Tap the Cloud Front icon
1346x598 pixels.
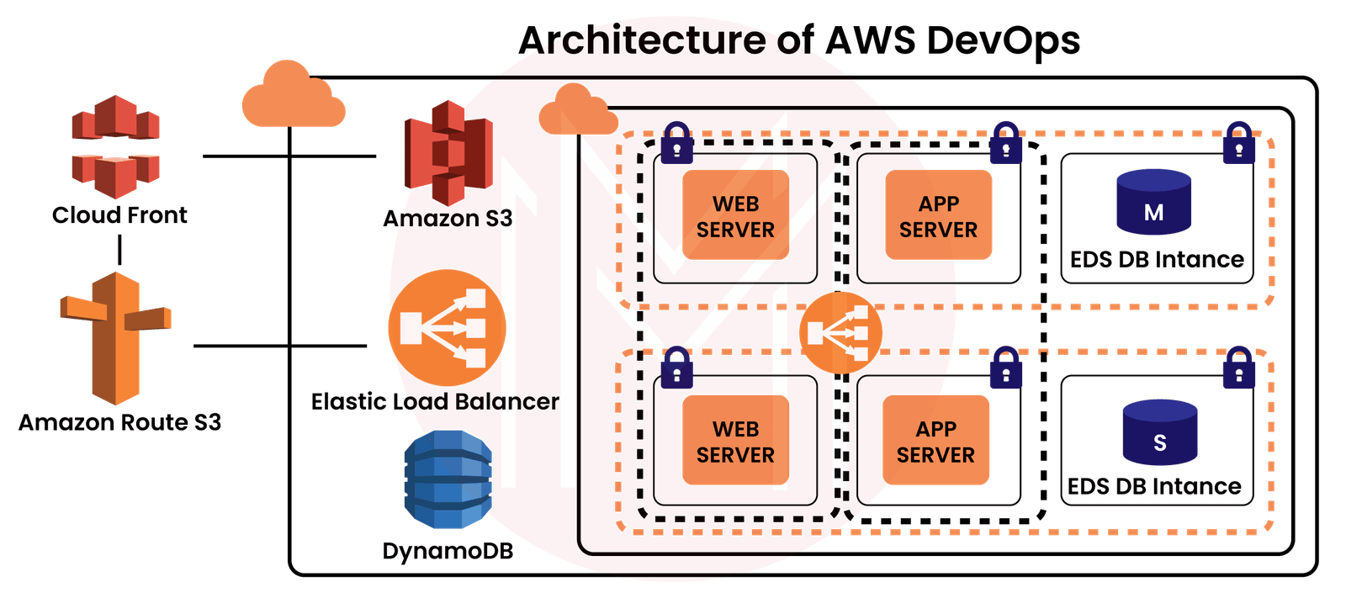point(115,146)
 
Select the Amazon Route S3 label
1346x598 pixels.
point(119,421)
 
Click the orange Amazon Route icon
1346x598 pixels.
point(115,336)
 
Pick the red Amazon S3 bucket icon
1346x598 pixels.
point(448,152)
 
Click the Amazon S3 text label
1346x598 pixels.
point(448,219)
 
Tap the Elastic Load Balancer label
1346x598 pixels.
point(435,401)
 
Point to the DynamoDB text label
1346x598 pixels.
point(448,551)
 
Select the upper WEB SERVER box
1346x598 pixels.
point(735,216)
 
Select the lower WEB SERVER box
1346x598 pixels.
point(735,442)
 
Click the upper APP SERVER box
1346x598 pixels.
point(938,216)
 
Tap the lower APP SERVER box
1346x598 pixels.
point(935,442)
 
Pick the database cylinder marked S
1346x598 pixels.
point(1159,432)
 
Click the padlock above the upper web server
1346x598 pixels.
point(677,142)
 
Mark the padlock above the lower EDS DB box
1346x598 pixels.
point(1238,367)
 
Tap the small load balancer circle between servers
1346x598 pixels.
point(840,333)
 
